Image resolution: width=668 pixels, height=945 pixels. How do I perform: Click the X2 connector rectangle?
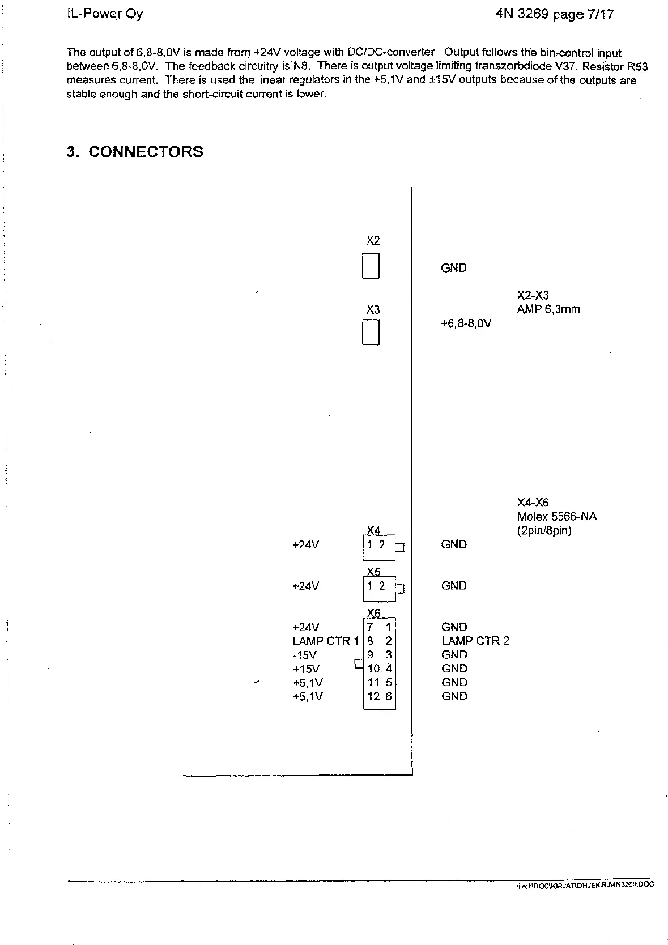(371, 266)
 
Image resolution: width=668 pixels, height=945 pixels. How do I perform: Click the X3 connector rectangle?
(371, 332)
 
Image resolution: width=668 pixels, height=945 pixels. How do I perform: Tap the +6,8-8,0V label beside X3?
(466, 323)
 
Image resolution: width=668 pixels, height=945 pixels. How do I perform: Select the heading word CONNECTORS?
(146, 152)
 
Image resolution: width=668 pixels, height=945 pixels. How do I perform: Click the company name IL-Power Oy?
(105, 14)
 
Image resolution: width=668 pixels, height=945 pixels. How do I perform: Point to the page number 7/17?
(601, 15)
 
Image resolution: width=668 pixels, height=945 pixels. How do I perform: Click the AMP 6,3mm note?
(548, 309)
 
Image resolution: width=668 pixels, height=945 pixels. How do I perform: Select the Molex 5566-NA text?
(556, 516)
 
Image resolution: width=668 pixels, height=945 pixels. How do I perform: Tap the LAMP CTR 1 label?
(326, 641)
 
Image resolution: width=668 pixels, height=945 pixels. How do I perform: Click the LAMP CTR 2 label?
(475, 641)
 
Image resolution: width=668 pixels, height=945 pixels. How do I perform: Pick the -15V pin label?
(305, 655)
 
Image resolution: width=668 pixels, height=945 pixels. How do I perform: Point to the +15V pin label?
(306, 669)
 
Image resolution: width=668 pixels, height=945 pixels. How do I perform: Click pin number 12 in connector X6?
(373, 696)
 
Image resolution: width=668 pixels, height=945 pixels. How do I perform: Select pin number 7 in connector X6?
(370, 627)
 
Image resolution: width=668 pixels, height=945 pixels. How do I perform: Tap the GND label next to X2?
(453, 268)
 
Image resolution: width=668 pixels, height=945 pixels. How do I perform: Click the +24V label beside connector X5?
(305, 586)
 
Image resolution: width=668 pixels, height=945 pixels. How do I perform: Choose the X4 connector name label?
(373, 530)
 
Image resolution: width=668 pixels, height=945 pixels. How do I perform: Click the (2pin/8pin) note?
(544, 531)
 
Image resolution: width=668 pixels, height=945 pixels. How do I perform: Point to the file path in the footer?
(585, 884)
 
